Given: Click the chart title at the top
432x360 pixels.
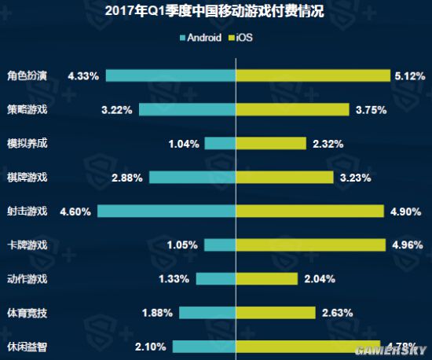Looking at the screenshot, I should click(216, 13).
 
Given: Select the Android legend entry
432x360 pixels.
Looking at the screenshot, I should click(200, 37).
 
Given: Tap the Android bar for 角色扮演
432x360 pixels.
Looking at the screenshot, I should click(171, 75).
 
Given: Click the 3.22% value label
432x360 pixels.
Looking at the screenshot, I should click(117, 110).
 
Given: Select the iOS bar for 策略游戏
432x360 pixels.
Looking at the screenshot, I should click(293, 109).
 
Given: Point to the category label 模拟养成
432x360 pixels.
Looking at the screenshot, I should click(27, 144).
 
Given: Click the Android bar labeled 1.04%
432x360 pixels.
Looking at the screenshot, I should click(221, 144).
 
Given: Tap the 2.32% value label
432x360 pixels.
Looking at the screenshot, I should click(328, 144).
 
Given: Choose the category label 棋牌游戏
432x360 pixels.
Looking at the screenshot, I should click(27, 178).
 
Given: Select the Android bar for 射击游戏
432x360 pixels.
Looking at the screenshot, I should click(167, 211).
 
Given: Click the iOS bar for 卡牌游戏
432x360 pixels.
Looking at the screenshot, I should click(311, 245).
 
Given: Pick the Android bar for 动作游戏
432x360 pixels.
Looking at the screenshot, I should click(217, 279).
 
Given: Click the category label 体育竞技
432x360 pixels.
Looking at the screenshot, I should click(27, 313).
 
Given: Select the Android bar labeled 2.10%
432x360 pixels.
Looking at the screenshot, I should click(205, 347).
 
